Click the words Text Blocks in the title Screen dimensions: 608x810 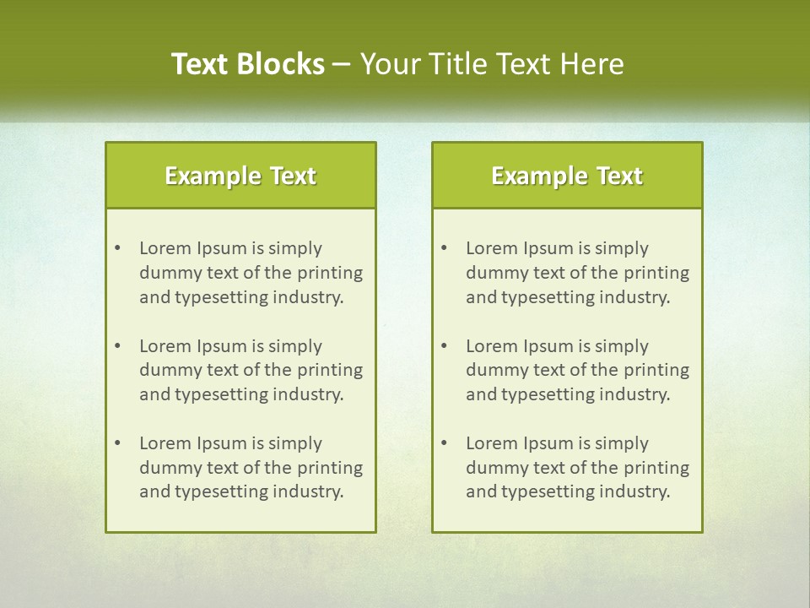pyautogui.click(x=247, y=64)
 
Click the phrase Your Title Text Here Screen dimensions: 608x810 pyautogui.click(x=492, y=64)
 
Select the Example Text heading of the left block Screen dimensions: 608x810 pyautogui.click(x=240, y=176)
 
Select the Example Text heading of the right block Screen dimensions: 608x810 pyautogui.click(x=567, y=176)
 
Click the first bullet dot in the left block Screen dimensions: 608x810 pyautogui.click(x=118, y=248)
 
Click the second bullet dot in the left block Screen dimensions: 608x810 pyautogui.click(x=118, y=346)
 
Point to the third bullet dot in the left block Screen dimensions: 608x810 pyautogui.click(x=118, y=443)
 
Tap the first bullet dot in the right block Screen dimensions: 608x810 pyautogui.click(x=445, y=248)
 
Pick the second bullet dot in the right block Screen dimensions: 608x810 pyautogui.click(x=445, y=346)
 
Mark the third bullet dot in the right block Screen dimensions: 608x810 pyautogui.click(x=445, y=443)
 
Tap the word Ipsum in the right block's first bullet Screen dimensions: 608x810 pyautogui.click(x=548, y=248)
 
